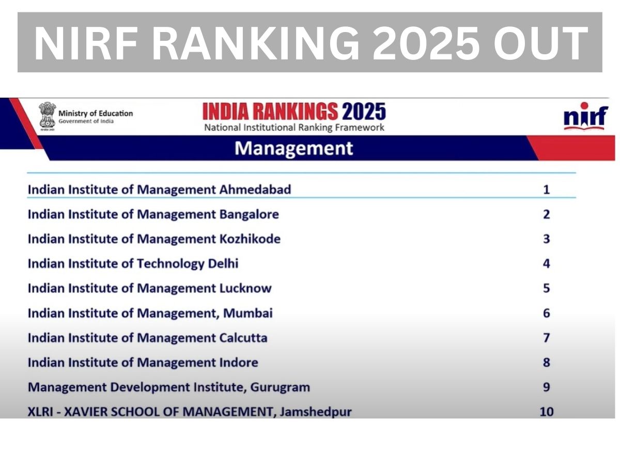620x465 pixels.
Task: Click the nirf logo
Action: click(585, 116)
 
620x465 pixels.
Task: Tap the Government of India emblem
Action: click(47, 116)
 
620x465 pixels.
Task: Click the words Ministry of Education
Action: click(96, 114)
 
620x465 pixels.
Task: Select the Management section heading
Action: click(293, 148)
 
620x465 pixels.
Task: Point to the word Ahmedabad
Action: click(255, 190)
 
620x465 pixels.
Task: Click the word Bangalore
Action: click(249, 214)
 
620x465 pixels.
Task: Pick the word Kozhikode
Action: click(250, 239)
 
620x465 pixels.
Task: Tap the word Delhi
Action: click(223, 263)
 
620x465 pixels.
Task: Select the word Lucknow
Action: click(245, 288)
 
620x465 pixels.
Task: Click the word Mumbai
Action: click(247, 313)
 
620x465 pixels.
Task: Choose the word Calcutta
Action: click(243, 338)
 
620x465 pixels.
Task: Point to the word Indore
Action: click(239, 362)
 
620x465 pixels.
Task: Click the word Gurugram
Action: click(280, 387)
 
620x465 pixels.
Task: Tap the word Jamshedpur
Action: click(316, 412)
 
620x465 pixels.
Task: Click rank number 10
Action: click(546, 412)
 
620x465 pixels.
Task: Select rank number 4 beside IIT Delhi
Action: click(546, 263)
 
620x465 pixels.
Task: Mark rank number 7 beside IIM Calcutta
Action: click(546, 338)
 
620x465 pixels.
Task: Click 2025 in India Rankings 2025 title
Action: click(364, 111)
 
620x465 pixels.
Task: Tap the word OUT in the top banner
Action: click(540, 43)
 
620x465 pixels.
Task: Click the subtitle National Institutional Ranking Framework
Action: click(294, 127)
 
